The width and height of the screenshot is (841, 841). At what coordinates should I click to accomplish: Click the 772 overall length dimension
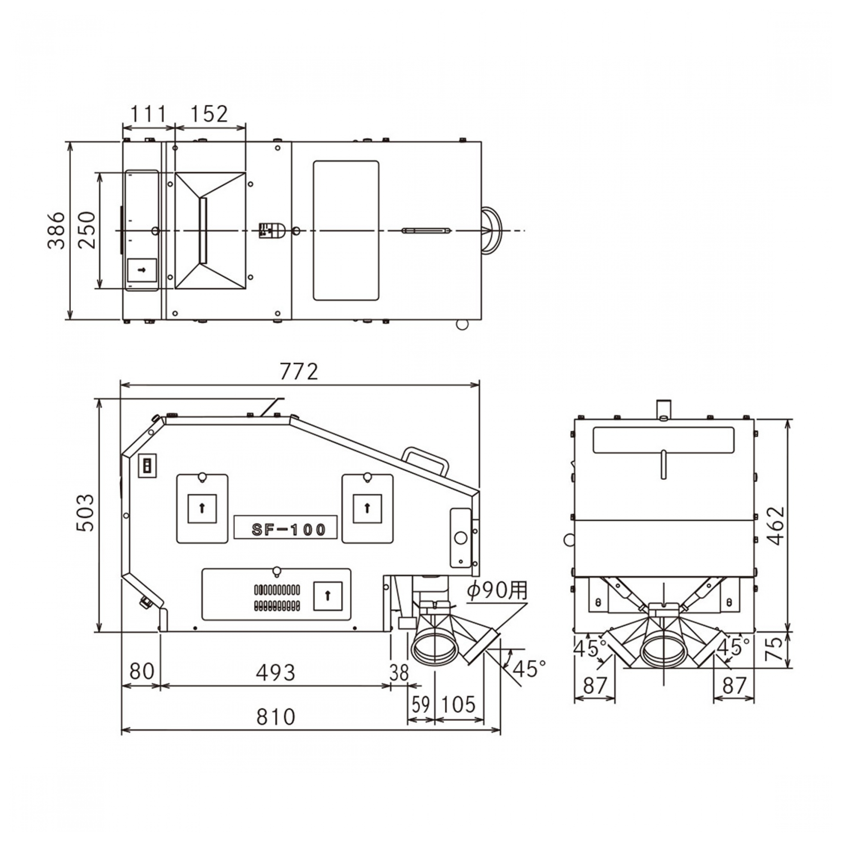299,372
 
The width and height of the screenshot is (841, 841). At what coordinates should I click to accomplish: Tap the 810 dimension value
275,717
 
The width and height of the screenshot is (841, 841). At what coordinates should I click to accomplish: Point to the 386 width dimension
56,231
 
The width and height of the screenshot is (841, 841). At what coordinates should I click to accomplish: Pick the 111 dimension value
148,114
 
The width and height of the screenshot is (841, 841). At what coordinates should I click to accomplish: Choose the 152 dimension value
209,114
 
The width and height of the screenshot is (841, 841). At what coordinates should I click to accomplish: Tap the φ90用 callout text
497,591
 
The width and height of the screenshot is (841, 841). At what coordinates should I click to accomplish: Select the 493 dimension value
275,672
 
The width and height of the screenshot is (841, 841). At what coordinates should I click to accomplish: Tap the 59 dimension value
420,704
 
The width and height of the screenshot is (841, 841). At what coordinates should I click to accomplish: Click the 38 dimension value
399,673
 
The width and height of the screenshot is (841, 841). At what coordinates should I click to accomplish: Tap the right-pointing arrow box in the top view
142,270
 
